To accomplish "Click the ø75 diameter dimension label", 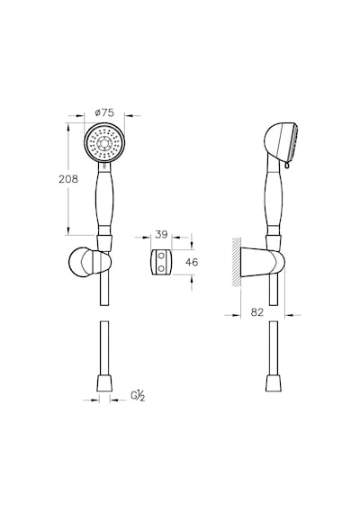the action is pyautogui.click(x=104, y=112).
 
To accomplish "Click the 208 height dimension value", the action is pyautogui.click(x=68, y=179).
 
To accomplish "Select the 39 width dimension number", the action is pyautogui.click(x=161, y=234).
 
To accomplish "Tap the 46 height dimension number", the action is pyautogui.click(x=192, y=262).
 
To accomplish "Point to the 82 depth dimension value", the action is pyautogui.click(x=257, y=312).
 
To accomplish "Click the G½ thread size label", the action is pyautogui.click(x=138, y=396).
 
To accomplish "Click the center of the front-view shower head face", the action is pyautogui.click(x=104, y=143).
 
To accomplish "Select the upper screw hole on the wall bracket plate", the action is pyautogui.click(x=161, y=256).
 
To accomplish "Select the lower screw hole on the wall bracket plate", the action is pyautogui.click(x=161, y=268).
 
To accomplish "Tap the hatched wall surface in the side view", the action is pyautogui.click(x=237, y=263).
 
